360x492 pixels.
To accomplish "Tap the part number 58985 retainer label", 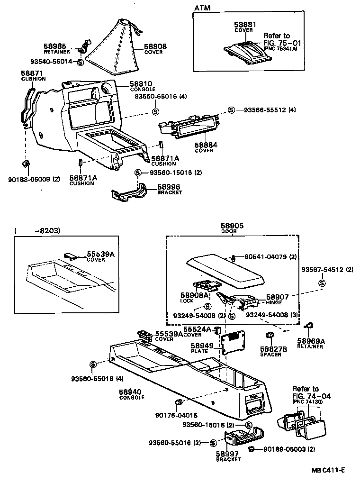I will (x=55, y=46).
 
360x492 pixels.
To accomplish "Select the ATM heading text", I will (x=202, y=8).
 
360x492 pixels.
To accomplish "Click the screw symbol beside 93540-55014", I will (x=80, y=62).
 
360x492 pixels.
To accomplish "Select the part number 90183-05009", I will (x=26, y=179).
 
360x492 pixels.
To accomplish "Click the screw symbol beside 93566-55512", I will (x=231, y=110).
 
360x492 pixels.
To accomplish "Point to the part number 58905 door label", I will (x=232, y=227).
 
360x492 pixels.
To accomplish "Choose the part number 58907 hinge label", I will (x=277, y=297).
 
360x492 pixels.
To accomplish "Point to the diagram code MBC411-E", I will (x=328, y=470).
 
